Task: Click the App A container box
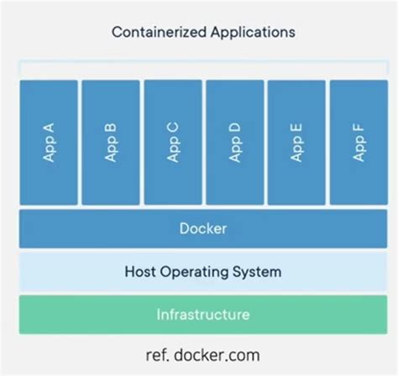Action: click(x=49, y=142)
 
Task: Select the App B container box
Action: click(x=111, y=142)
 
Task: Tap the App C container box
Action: click(x=172, y=142)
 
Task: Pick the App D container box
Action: click(x=234, y=142)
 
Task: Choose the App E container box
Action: click(x=296, y=142)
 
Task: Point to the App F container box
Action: click(x=358, y=142)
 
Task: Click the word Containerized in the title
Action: click(x=154, y=33)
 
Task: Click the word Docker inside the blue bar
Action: click(x=202, y=228)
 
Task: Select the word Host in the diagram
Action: click(x=139, y=272)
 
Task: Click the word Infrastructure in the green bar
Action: click(x=202, y=315)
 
